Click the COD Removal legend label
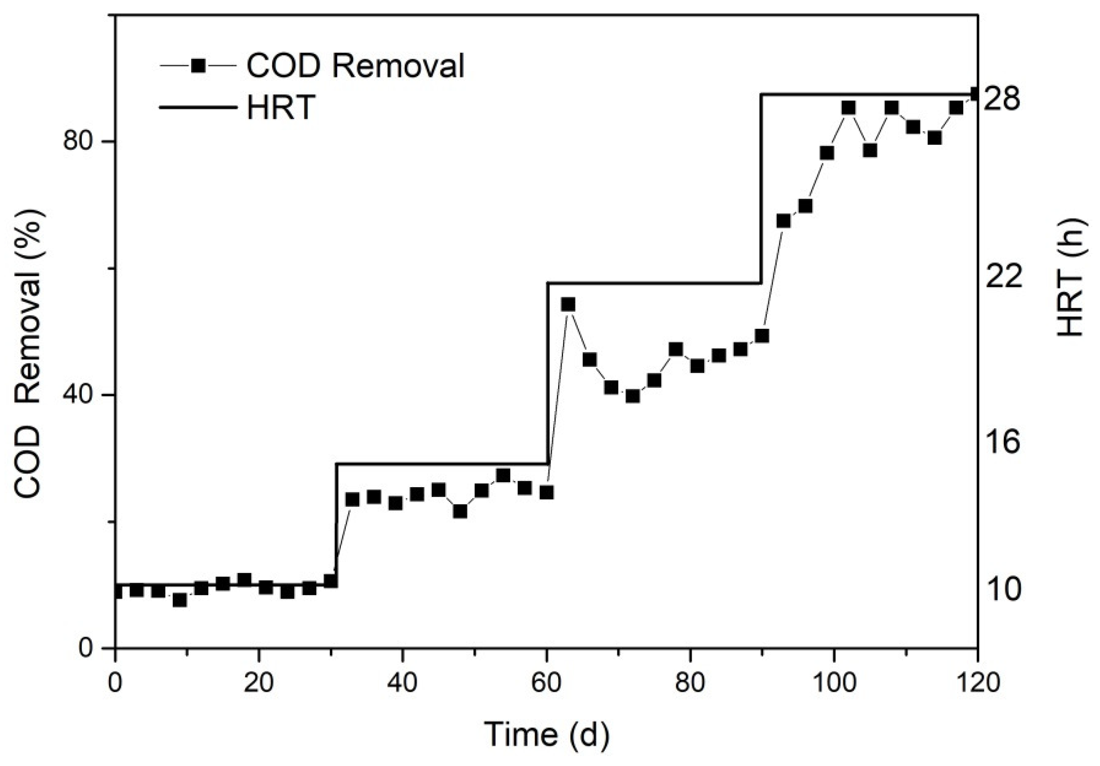coord(355,66)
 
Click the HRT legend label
coord(281,107)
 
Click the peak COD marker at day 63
coord(568,305)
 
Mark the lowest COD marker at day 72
coord(633,396)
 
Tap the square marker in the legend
coord(198,66)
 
